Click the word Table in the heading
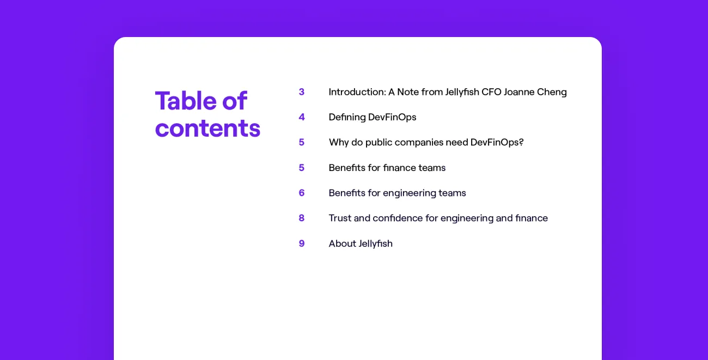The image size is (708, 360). click(x=186, y=101)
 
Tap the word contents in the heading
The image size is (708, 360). click(x=207, y=128)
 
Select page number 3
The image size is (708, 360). click(x=302, y=92)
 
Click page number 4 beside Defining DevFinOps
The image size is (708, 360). click(x=302, y=117)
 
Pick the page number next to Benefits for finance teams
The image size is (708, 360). click(x=302, y=168)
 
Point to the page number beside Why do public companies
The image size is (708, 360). click(x=302, y=143)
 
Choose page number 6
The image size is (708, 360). click(x=302, y=193)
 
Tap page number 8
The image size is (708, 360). click(x=302, y=218)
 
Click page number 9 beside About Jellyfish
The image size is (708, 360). click(x=302, y=243)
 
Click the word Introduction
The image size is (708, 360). click(x=357, y=92)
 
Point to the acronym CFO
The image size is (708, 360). click(x=491, y=92)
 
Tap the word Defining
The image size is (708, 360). click(x=347, y=117)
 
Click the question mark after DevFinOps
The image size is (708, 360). click(x=521, y=143)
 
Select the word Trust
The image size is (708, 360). click(x=340, y=218)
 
